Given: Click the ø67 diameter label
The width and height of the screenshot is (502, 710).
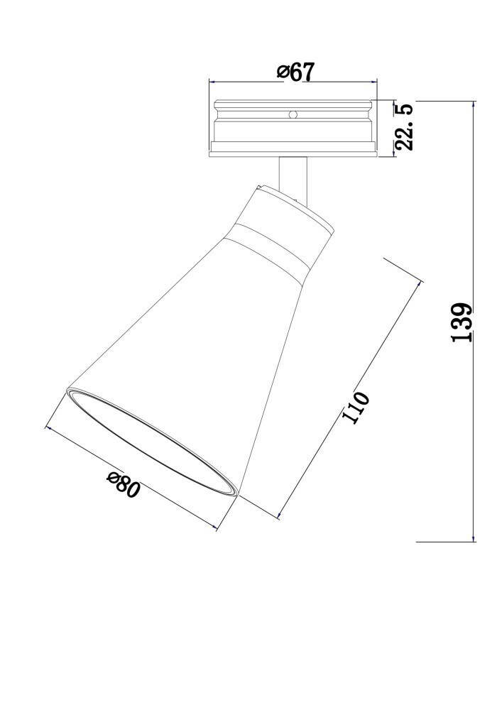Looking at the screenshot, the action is click(295, 72).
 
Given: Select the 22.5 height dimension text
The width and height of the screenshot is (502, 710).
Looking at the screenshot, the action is click(404, 127).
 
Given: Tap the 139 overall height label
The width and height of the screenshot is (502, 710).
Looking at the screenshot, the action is click(462, 322).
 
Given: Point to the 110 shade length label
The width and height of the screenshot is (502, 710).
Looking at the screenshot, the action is click(356, 408).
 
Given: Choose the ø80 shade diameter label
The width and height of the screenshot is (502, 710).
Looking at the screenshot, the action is click(123, 484).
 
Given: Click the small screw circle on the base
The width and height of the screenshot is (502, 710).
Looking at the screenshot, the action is click(293, 114).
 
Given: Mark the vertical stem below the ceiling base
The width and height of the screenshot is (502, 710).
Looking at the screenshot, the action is click(293, 179).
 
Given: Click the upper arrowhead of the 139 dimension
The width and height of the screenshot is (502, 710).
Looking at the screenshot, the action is click(474, 104).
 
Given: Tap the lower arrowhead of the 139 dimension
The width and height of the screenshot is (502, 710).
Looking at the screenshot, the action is click(474, 537).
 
